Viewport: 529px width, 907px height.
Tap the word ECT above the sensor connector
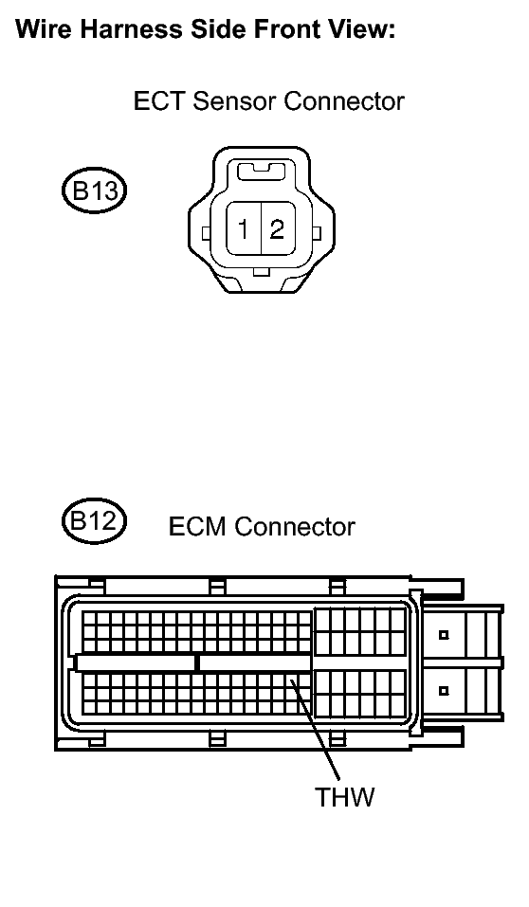159,100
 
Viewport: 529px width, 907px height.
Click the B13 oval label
94,190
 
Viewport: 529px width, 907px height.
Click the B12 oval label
94,521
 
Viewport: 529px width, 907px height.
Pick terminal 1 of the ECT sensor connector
244,228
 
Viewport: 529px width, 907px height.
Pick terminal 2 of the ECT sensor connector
278,228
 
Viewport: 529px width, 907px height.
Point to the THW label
345,796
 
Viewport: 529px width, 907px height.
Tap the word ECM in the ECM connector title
198,526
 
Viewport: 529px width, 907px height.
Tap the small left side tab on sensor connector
206,233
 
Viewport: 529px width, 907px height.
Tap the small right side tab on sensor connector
316,233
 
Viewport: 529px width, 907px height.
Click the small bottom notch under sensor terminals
262,272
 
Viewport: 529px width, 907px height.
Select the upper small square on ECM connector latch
444,635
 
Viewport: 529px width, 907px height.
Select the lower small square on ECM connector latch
444,690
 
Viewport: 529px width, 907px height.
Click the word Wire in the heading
45,28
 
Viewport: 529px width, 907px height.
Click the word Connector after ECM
295,526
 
